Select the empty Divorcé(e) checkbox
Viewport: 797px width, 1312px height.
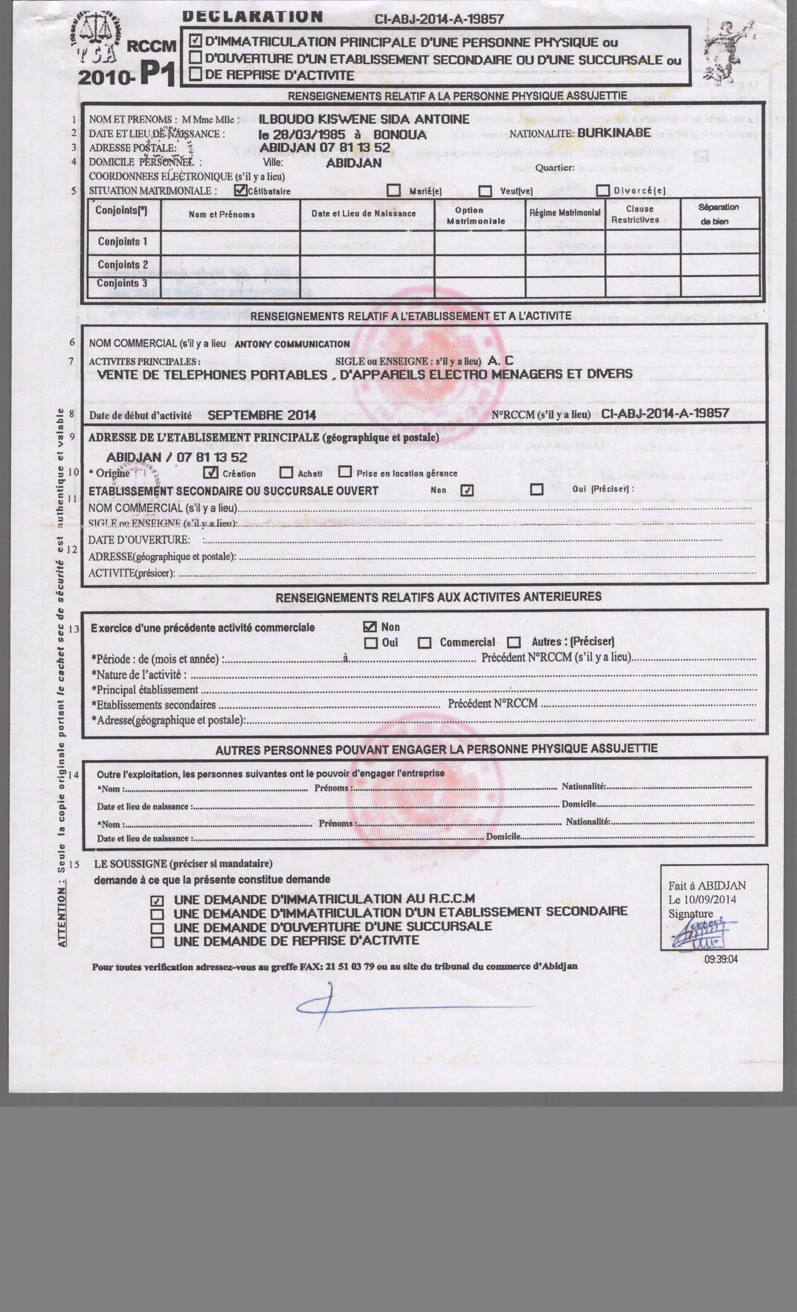pos(603,190)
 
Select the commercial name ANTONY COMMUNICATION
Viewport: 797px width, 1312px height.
pos(292,344)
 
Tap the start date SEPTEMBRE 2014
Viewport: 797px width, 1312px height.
pos(262,415)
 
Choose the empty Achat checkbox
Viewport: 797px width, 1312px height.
pos(286,472)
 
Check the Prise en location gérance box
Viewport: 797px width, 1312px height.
pos(345,472)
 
